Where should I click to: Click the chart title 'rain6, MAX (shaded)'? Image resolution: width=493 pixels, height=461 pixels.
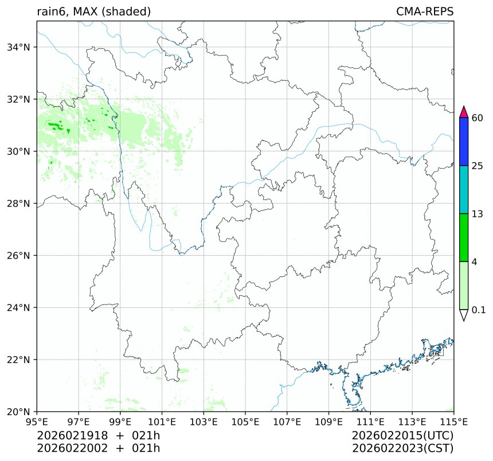click(x=94, y=11)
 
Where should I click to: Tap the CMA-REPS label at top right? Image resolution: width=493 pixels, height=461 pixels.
click(x=425, y=11)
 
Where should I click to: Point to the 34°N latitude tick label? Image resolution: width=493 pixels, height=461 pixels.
click(x=19, y=47)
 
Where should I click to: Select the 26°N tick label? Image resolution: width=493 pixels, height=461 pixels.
click(x=19, y=256)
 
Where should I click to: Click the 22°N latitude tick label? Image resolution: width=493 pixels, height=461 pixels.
click(x=19, y=360)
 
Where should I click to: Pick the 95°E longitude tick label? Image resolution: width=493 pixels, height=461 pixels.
click(x=37, y=422)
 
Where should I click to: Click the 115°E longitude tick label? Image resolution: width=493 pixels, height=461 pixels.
click(x=453, y=422)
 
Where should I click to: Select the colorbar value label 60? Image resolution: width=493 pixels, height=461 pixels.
click(x=477, y=118)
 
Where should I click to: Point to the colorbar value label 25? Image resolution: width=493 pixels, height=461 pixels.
click(x=477, y=166)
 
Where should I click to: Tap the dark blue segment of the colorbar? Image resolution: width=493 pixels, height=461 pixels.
click(x=464, y=142)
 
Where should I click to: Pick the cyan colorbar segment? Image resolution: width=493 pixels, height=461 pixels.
click(x=464, y=190)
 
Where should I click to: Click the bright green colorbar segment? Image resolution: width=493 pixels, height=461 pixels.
click(x=464, y=237)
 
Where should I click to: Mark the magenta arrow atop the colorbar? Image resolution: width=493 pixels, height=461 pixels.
click(x=464, y=112)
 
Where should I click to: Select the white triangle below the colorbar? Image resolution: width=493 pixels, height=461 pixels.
click(x=464, y=315)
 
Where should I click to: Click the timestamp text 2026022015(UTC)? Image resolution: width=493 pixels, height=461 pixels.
click(x=403, y=436)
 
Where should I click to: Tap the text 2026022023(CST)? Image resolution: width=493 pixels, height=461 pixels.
click(x=403, y=448)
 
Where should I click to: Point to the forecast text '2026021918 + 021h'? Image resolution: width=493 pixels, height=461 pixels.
click(x=99, y=436)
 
